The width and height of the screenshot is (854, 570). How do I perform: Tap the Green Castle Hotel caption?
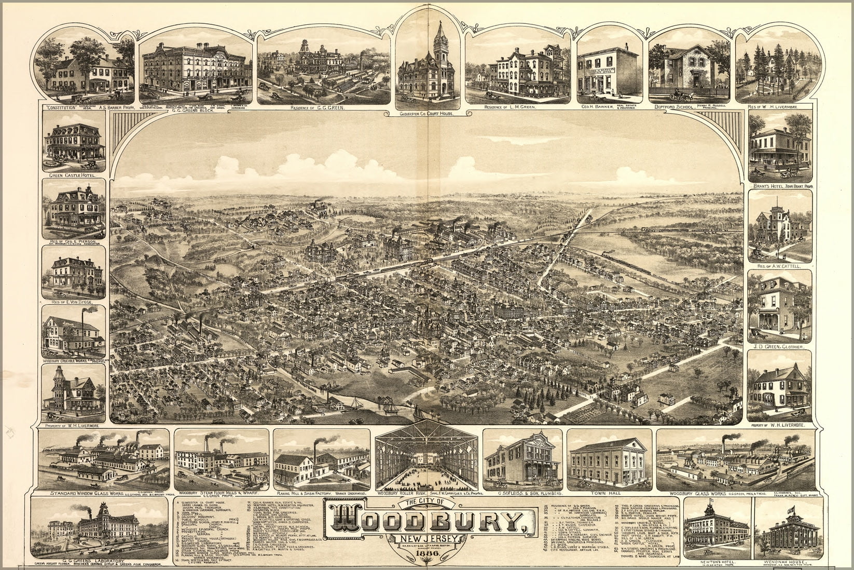point(74,175)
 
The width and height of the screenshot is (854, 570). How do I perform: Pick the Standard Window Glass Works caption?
point(91,493)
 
